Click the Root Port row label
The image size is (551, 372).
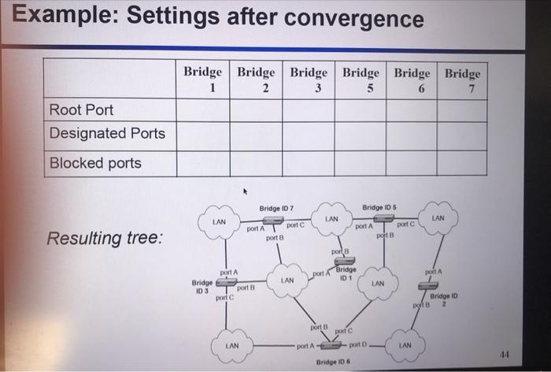click(81, 110)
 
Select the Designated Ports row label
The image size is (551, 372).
click(107, 133)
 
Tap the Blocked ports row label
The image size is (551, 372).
click(95, 163)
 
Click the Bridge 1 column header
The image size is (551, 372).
click(203, 80)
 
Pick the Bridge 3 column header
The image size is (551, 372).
click(309, 80)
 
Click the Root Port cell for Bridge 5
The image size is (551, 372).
click(361, 110)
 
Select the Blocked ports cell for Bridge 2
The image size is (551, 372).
click(256, 163)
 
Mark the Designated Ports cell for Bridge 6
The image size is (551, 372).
click(412, 133)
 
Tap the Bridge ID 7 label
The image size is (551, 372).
click(276, 207)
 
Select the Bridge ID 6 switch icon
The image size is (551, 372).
click(331, 345)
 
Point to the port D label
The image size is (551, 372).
click(359, 345)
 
